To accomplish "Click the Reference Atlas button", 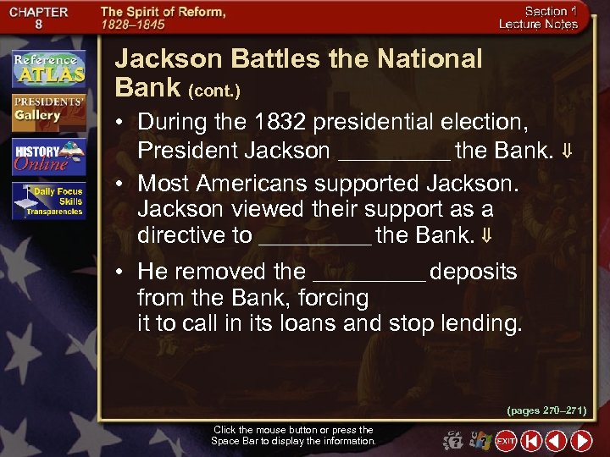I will pyautogui.click(x=48, y=69).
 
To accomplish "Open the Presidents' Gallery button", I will pyautogui.click(x=48, y=111).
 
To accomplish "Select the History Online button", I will pyautogui.click(x=48, y=157).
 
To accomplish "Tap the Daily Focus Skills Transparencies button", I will pyautogui.click(x=48, y=201).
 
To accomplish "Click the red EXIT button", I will pyautogui.click(x=506, y=441).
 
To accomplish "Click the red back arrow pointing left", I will pyautogui.click(x=556, y=441).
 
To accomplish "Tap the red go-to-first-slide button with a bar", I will pyautogui.click(x=531, y=441).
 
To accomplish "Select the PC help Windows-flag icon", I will pyautogui.click(x=480, y=441).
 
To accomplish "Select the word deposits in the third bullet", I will pyautogui.click(x=474, y=272).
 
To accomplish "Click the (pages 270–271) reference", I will pyautogui.click(x=546, y=410).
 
